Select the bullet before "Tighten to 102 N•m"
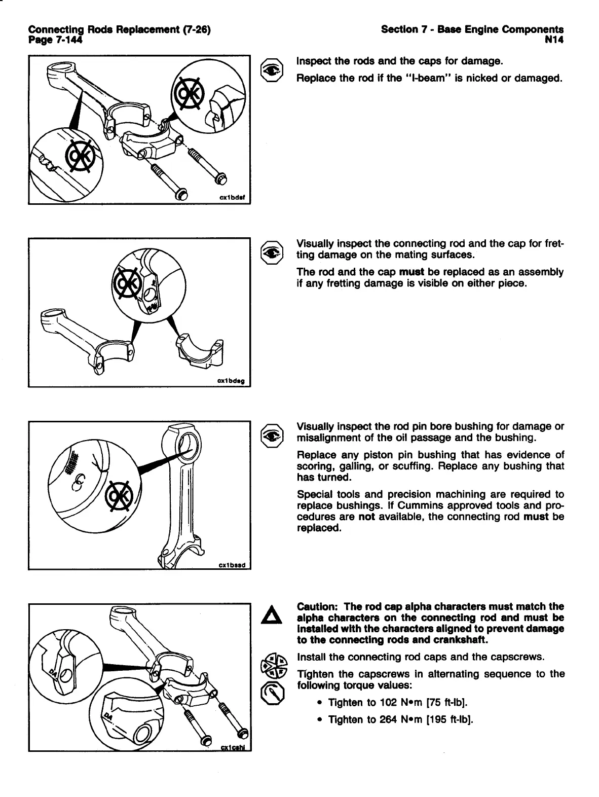(x=319, y=703)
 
